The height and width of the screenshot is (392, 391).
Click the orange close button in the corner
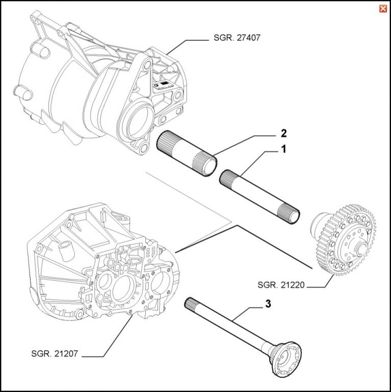(382, 9)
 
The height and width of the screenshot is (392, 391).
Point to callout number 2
(284, 134)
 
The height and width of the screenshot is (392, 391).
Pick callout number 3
(268, 305)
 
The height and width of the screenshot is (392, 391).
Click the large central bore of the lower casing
(122, 288)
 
